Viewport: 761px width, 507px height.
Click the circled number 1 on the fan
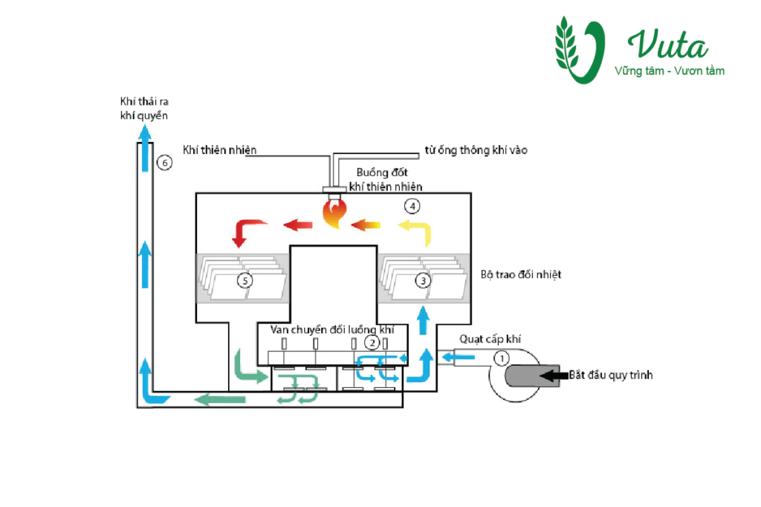tap(502, 358)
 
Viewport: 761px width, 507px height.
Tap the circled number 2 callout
tap(372, 343)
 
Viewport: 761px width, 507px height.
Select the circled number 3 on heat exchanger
tap(423, 281)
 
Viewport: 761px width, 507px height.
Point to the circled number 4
tap(412, 204)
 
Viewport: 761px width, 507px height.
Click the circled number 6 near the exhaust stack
tap(164, 162)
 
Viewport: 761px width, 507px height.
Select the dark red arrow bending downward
tap(247, 231)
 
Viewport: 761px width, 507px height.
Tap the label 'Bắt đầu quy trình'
tap(612, 375)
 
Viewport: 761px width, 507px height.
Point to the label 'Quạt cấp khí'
tap(490, 340)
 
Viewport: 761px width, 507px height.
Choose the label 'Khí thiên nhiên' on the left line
tap(219, 150)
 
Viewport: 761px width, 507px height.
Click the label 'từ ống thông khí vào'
tap(476, 150)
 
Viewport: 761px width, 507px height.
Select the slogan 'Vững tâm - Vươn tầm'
tap(669, 71)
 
